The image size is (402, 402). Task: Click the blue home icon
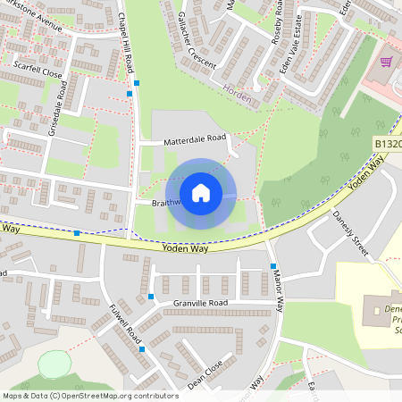click(x=201, y=193)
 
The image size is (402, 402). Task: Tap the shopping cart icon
click(x=387, y=62)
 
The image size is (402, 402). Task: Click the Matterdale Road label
click(x=194, y=140)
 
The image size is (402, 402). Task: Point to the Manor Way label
click(x=279, y=290)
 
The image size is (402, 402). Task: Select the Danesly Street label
click(x=350, y=233)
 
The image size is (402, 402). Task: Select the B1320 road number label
click(x=388, y=144)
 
